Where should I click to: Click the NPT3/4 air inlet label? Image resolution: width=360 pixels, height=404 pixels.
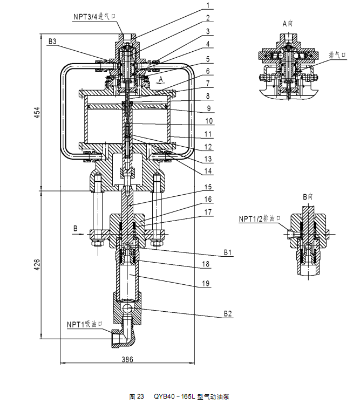click(x=95, y=17)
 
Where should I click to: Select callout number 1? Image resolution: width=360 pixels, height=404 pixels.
click(x=207, y=6)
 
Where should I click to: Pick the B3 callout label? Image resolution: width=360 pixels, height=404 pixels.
click(x=52, y=41)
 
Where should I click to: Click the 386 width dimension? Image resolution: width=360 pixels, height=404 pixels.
click(x=126, y=359)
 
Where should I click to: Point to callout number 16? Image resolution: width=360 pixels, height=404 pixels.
click(x=207, y=200)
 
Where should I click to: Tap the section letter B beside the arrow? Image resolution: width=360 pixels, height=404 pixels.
click(x=74, y=228)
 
